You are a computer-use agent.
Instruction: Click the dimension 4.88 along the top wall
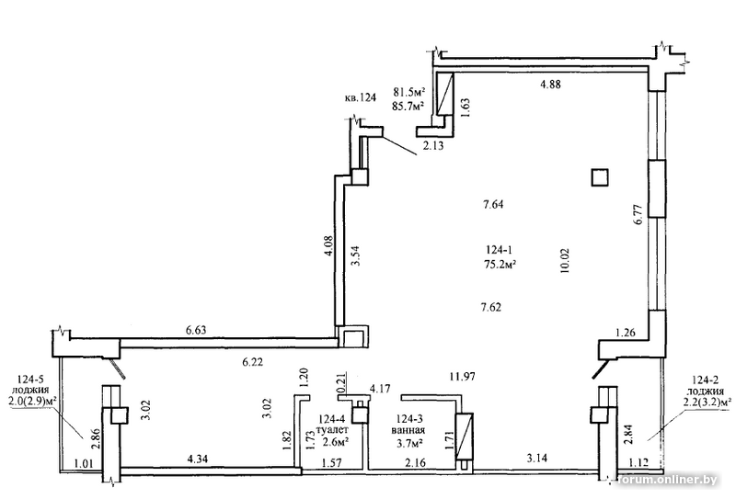click(550, 85)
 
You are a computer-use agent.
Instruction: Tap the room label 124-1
click(499, 250)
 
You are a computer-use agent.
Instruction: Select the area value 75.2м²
click(500, 265)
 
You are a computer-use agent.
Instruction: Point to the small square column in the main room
click(600, 177)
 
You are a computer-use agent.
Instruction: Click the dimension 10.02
click(565, 260)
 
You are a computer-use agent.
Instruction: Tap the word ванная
click(409, 430)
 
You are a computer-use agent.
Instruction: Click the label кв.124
click(360, 98)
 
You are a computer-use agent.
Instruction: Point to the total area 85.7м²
click(408, 106)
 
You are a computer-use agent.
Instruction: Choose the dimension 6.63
click(196, 330)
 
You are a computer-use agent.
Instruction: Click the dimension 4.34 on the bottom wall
click(197, 459)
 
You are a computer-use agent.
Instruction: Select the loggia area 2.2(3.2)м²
click(705, 402)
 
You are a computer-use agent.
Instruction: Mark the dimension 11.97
click(463, 376)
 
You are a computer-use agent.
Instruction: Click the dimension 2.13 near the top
click(433, 146)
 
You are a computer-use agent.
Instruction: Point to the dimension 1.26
click(626, 333)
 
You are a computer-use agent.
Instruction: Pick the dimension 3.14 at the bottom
click(536, 458)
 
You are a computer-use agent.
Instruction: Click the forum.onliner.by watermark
click(668, 480)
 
